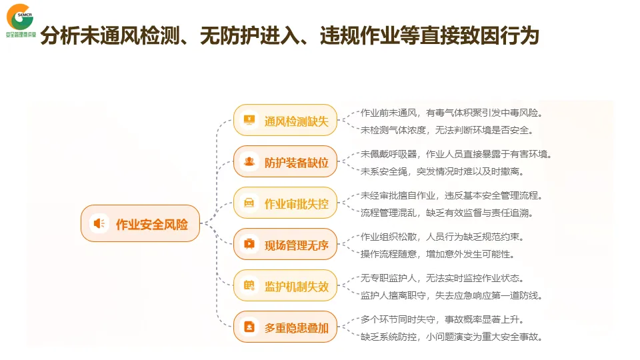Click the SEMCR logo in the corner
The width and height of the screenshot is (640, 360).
coord(19,19)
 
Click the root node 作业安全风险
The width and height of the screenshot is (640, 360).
coord(140,223)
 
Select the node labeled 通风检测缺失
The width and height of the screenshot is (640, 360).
coord(285,121)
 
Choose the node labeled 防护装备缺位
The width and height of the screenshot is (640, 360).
coord(285,162)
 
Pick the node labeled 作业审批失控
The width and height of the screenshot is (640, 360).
coord(285,203)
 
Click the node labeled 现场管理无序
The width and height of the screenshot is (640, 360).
coord(285,245)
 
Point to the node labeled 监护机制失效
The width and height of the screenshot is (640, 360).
coord(285,286)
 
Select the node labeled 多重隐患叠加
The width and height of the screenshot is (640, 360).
coord(285,327)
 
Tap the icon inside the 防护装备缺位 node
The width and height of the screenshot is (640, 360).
coord(249,161)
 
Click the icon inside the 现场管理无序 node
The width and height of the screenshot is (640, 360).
coord(249,244)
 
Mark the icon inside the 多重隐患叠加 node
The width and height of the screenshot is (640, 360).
coord(249,327)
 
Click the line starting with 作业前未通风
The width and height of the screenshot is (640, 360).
coord(451,113)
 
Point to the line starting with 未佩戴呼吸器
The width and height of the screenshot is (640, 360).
coord(456,154)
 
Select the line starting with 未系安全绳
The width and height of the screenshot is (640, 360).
coord(441,171)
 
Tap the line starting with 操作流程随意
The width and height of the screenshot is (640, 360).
coord(437,254)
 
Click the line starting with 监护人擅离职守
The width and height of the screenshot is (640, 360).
coord(451,295)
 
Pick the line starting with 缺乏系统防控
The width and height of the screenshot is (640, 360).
coord(451,337)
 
